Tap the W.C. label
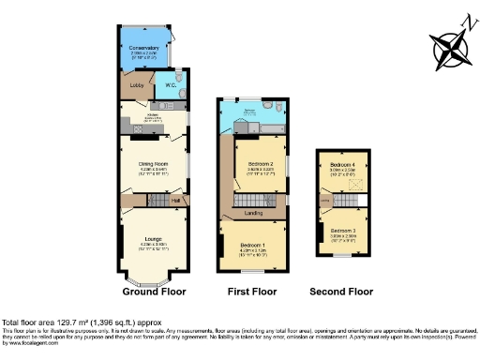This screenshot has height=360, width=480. [x=172, y=86]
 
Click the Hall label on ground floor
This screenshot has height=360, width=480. [x=175, y=200]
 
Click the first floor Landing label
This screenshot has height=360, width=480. [x=253, y=214]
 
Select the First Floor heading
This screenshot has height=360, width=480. [x=252, y=292]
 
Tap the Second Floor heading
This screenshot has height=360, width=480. [x=341, y=292]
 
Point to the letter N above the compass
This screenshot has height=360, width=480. [x=465, y=22]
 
